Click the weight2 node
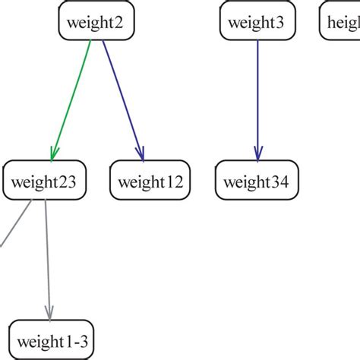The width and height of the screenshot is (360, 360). pos(96,23)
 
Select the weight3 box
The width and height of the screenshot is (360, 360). pos(257,23)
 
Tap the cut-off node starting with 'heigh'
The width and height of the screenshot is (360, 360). pos(339,23)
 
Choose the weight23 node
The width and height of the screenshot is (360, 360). pos(45,182)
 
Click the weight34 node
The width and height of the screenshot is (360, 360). pos(257,182)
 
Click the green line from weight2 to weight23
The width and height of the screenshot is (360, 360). pos(71,99)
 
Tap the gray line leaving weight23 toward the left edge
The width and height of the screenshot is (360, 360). pos(15,223)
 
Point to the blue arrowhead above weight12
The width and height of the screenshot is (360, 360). pos(140,153)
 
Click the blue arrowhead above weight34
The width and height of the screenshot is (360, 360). pos(257,153)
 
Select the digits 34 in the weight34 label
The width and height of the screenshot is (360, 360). pos(282,182)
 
